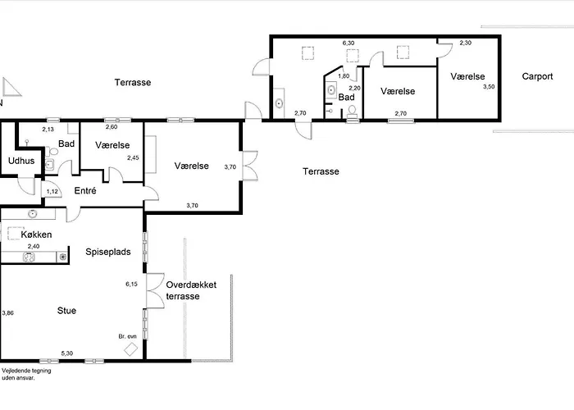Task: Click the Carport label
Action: (x=537, y=76)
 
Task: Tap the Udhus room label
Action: (x=21, y=161)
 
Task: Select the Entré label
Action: (x=85, y=190)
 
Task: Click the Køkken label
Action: (x=36, y=235)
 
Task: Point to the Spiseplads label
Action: (x=108, y=252)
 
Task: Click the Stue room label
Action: (x=66, y=311)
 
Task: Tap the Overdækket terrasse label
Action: (x=191, y=290)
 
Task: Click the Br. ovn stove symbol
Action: (x=130, y=348)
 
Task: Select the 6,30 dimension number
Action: (x=348, y=43)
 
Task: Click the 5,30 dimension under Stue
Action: (x=67, y=353)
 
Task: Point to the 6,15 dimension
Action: (x=131, y=284)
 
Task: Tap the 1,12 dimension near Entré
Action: (x=52, y=191)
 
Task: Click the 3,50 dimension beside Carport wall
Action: (x=489, y=87)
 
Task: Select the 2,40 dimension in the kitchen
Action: (x=34, y=246)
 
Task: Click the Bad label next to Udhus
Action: (x=66, y=143)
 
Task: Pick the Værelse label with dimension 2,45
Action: (x=112, y=145)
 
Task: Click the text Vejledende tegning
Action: (x=26, y=371)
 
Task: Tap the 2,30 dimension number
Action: (x=465, y=43)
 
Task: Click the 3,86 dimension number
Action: (x=7, y=313)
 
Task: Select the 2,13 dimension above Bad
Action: (x=48, y=130)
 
